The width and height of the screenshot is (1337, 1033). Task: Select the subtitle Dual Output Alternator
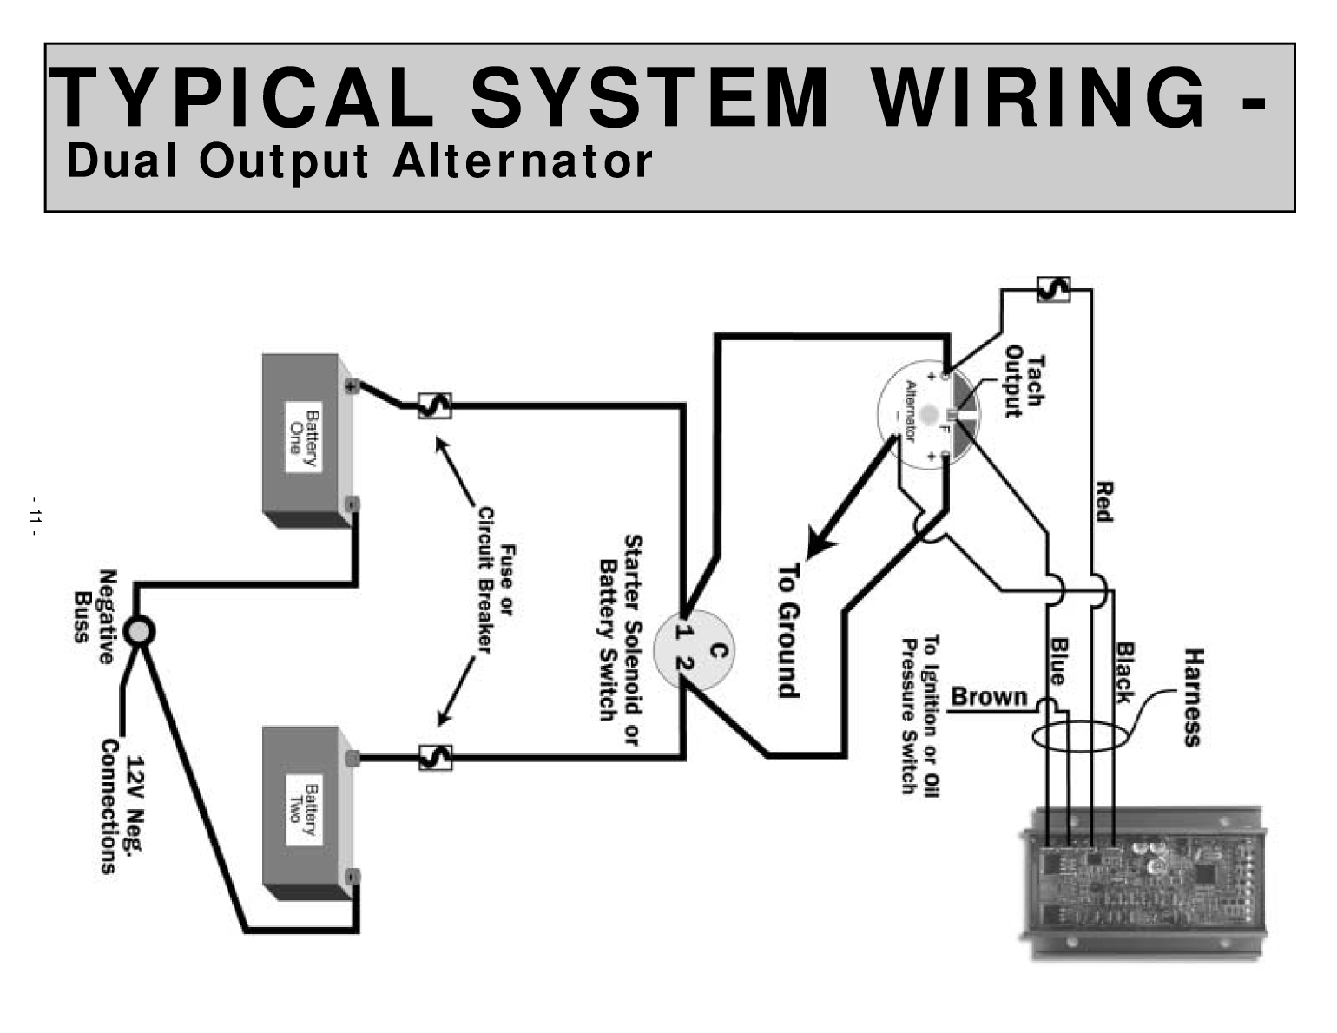[x=359, y=161]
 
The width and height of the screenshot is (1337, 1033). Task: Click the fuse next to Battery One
[x=434, y=405]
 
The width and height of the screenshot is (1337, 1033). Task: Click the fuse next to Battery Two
[x=435, y=758]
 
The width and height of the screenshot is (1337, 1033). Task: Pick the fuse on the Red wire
[x=1054, y=289]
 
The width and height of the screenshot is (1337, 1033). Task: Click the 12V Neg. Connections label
[x=121, y=806]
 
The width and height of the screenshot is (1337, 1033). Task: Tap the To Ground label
[x=787, y=630]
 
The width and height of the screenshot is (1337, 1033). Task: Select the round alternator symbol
[x=927, y=416]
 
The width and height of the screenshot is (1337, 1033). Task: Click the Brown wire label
[x=989, y=697]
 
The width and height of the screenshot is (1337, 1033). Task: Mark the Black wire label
[x=1125, y=672]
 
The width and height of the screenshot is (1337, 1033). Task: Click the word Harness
[x=1194, y=697]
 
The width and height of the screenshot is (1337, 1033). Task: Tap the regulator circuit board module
[x=1142, y=881]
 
